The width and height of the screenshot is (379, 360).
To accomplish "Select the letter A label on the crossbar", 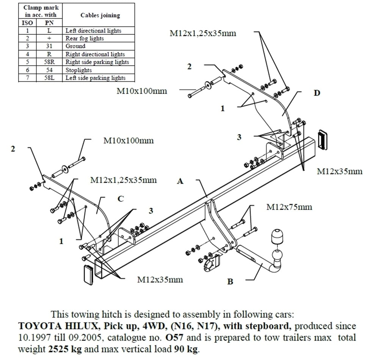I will point(180,181).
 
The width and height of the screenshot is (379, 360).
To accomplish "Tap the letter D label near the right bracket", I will point(317,93).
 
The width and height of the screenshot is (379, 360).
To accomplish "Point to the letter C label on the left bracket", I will point(120,199).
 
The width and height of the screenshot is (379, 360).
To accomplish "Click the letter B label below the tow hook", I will point(230,281).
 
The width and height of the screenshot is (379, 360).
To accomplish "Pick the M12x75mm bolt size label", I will point(289,207).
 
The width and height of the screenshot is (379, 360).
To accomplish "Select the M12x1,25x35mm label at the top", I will point(203,33).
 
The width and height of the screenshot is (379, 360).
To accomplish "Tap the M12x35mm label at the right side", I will point(340,171).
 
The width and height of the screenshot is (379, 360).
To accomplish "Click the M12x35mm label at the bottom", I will point(160,280).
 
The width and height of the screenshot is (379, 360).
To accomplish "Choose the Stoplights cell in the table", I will point(79,70).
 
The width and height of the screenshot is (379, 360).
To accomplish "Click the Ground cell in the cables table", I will point(75,46).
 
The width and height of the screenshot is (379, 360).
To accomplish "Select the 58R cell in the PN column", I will point(49,62).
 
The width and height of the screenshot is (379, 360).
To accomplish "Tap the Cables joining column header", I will point(100,16).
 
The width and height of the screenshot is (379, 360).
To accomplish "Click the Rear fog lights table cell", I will point(85,38).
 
